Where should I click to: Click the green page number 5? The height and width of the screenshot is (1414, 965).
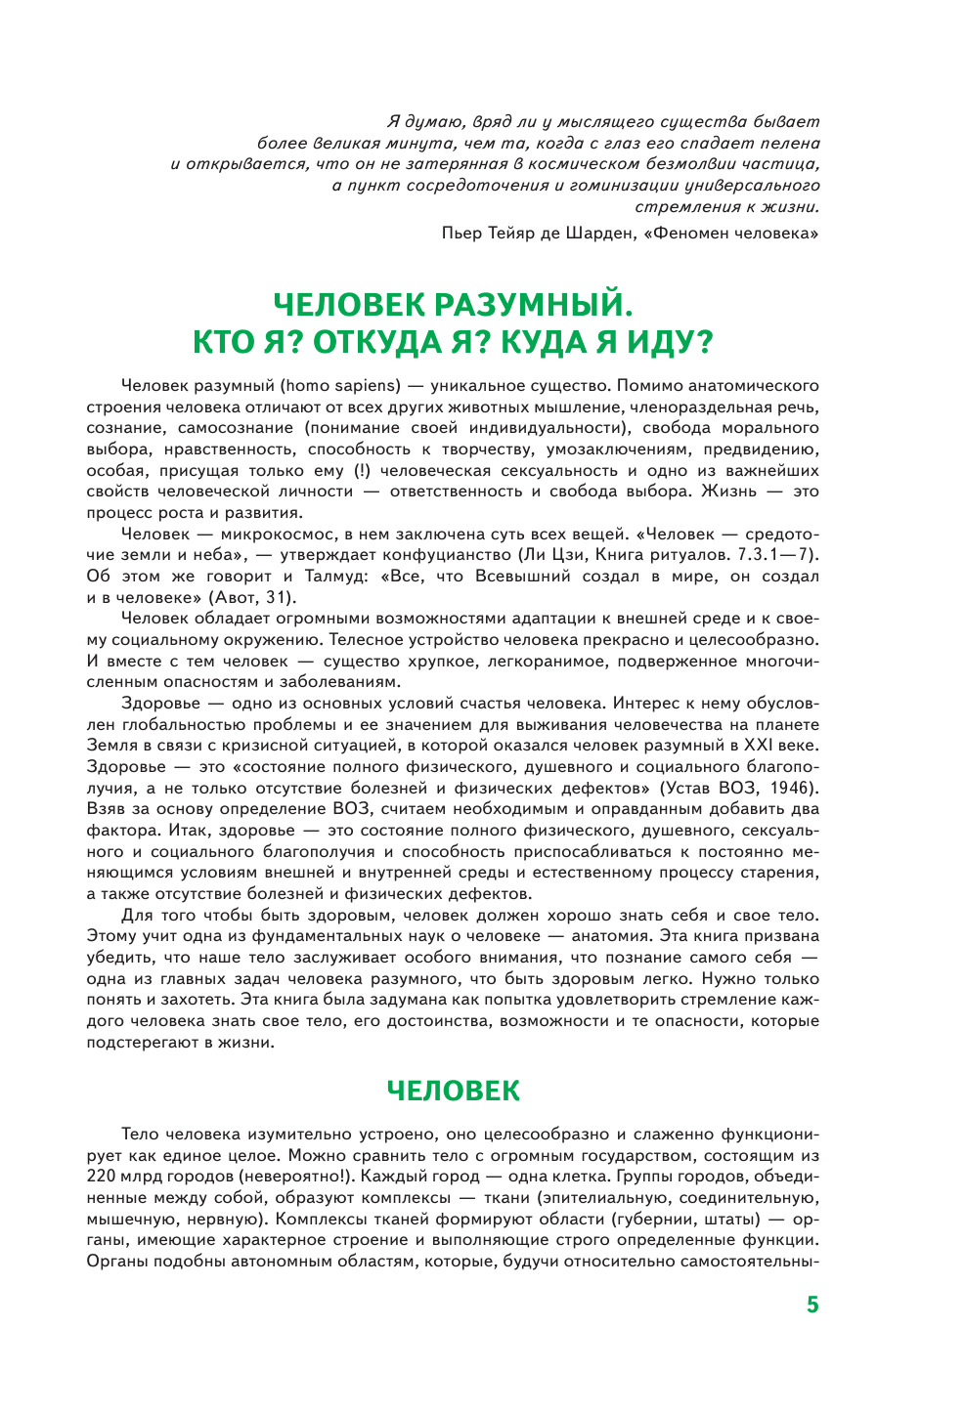pos(811,1305)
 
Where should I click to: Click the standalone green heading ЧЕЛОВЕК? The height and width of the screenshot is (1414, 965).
pos(454,1091)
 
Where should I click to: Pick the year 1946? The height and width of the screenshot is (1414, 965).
pos(789,788)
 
